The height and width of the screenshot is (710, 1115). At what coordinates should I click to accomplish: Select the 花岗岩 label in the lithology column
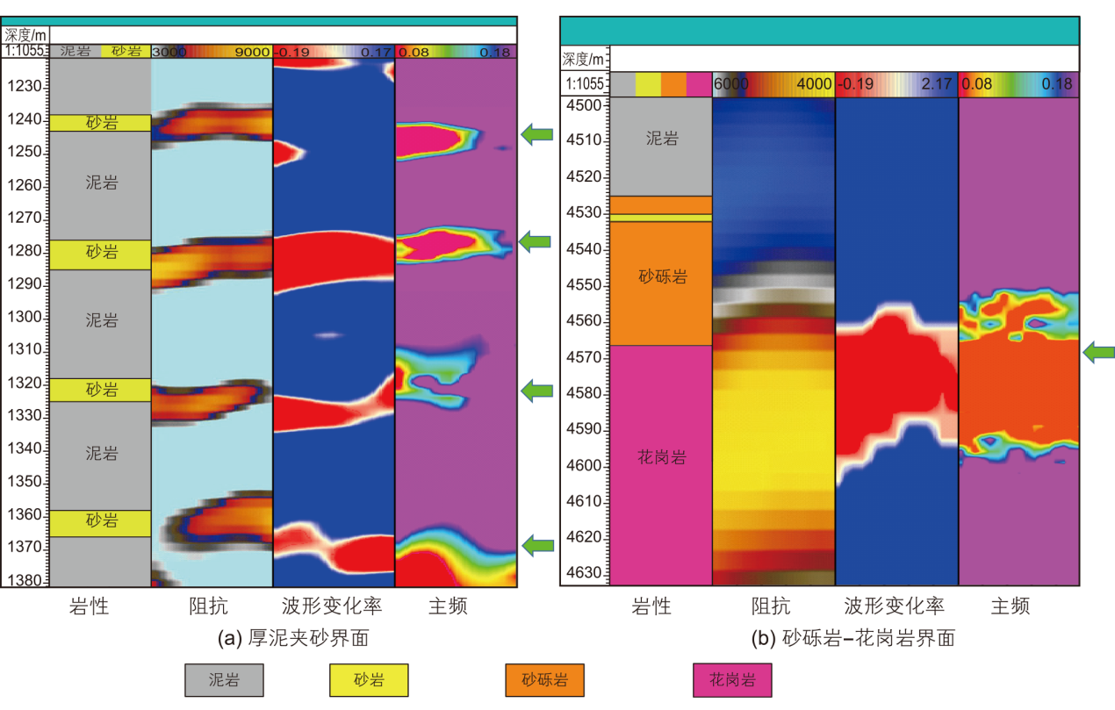(661, 457)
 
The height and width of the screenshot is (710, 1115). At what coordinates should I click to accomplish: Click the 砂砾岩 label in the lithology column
(661, 277)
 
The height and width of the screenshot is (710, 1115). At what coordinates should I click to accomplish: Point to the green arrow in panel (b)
(1098, 353)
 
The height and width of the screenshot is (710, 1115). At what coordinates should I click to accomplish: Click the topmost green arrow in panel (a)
(537, 134)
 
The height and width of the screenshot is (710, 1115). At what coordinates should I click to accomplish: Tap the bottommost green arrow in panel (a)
(537, 546)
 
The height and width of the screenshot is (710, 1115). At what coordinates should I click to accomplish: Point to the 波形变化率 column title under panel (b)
(895, 606)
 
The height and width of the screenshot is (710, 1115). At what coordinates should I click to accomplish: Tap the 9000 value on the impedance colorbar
(252, 52)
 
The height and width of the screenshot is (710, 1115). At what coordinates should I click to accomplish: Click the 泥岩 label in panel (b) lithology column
(661, 139)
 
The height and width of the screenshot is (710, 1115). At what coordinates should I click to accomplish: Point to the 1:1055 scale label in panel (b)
(585, 84)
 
